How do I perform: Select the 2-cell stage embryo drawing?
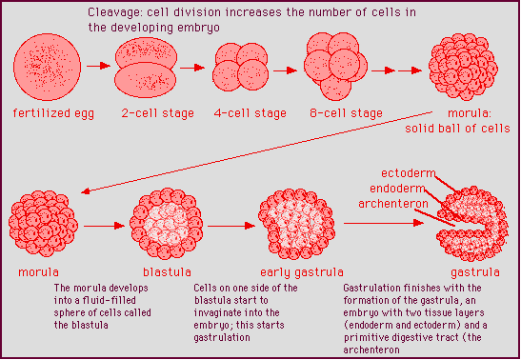(147, 69)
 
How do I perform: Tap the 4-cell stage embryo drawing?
(239, 70)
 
